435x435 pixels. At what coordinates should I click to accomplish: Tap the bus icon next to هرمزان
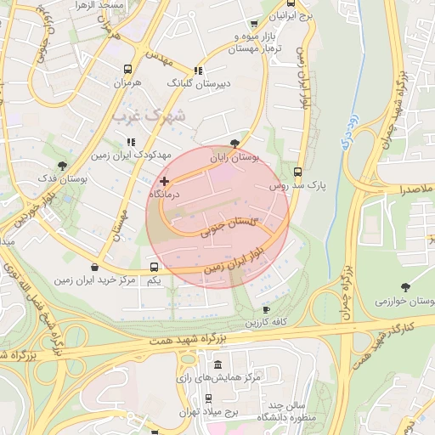tap(127, 70)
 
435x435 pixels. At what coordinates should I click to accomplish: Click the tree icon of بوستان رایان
tap(235, 144)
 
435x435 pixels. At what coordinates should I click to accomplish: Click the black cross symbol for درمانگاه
tap(164, 181)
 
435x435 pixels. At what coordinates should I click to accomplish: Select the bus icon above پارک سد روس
tap(297, 171)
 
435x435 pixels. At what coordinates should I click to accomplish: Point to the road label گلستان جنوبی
tap(229, 226)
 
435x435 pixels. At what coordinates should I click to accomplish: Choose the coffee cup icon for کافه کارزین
tap(266, 309)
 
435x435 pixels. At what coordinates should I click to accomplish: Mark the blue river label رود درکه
tap(347, 135)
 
